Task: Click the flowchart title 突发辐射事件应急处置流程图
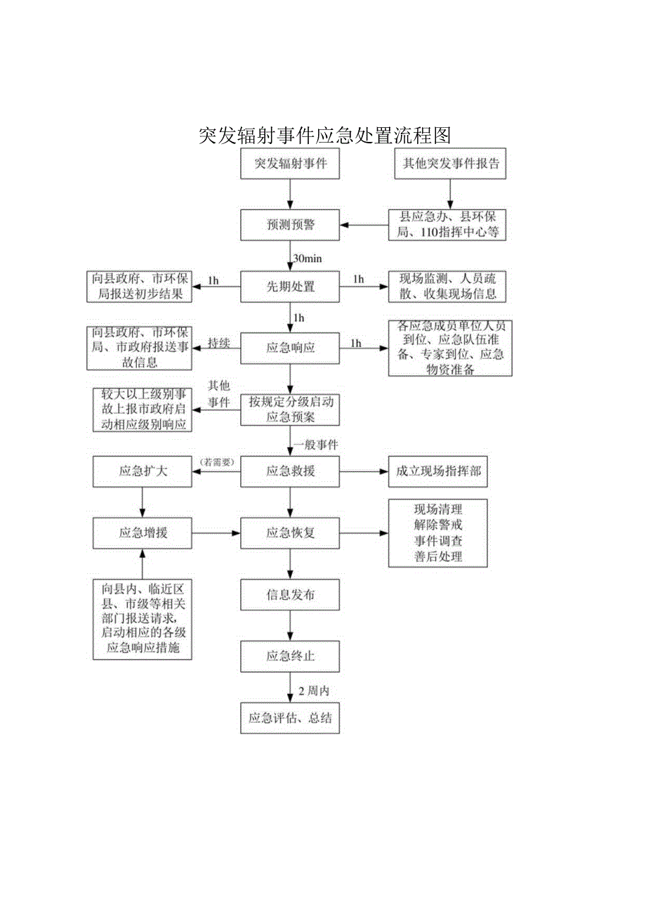point(324,135)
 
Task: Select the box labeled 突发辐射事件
point(290,164)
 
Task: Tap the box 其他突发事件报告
point(451,164)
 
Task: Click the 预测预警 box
point(290,226)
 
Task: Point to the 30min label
point(308,259)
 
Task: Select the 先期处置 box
point(290,287)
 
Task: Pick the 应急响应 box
point(290,348)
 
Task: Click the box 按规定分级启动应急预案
point(290,410)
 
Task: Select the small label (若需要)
point(218,462)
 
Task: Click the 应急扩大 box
point(143,471)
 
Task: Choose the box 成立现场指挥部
point(438,471)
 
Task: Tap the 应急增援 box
point(143,533)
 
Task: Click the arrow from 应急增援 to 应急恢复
point(216,533)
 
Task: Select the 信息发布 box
point(290,595)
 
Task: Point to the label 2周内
point(314,691)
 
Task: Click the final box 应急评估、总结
point(290,718)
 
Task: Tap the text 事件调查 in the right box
point(438,541)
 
